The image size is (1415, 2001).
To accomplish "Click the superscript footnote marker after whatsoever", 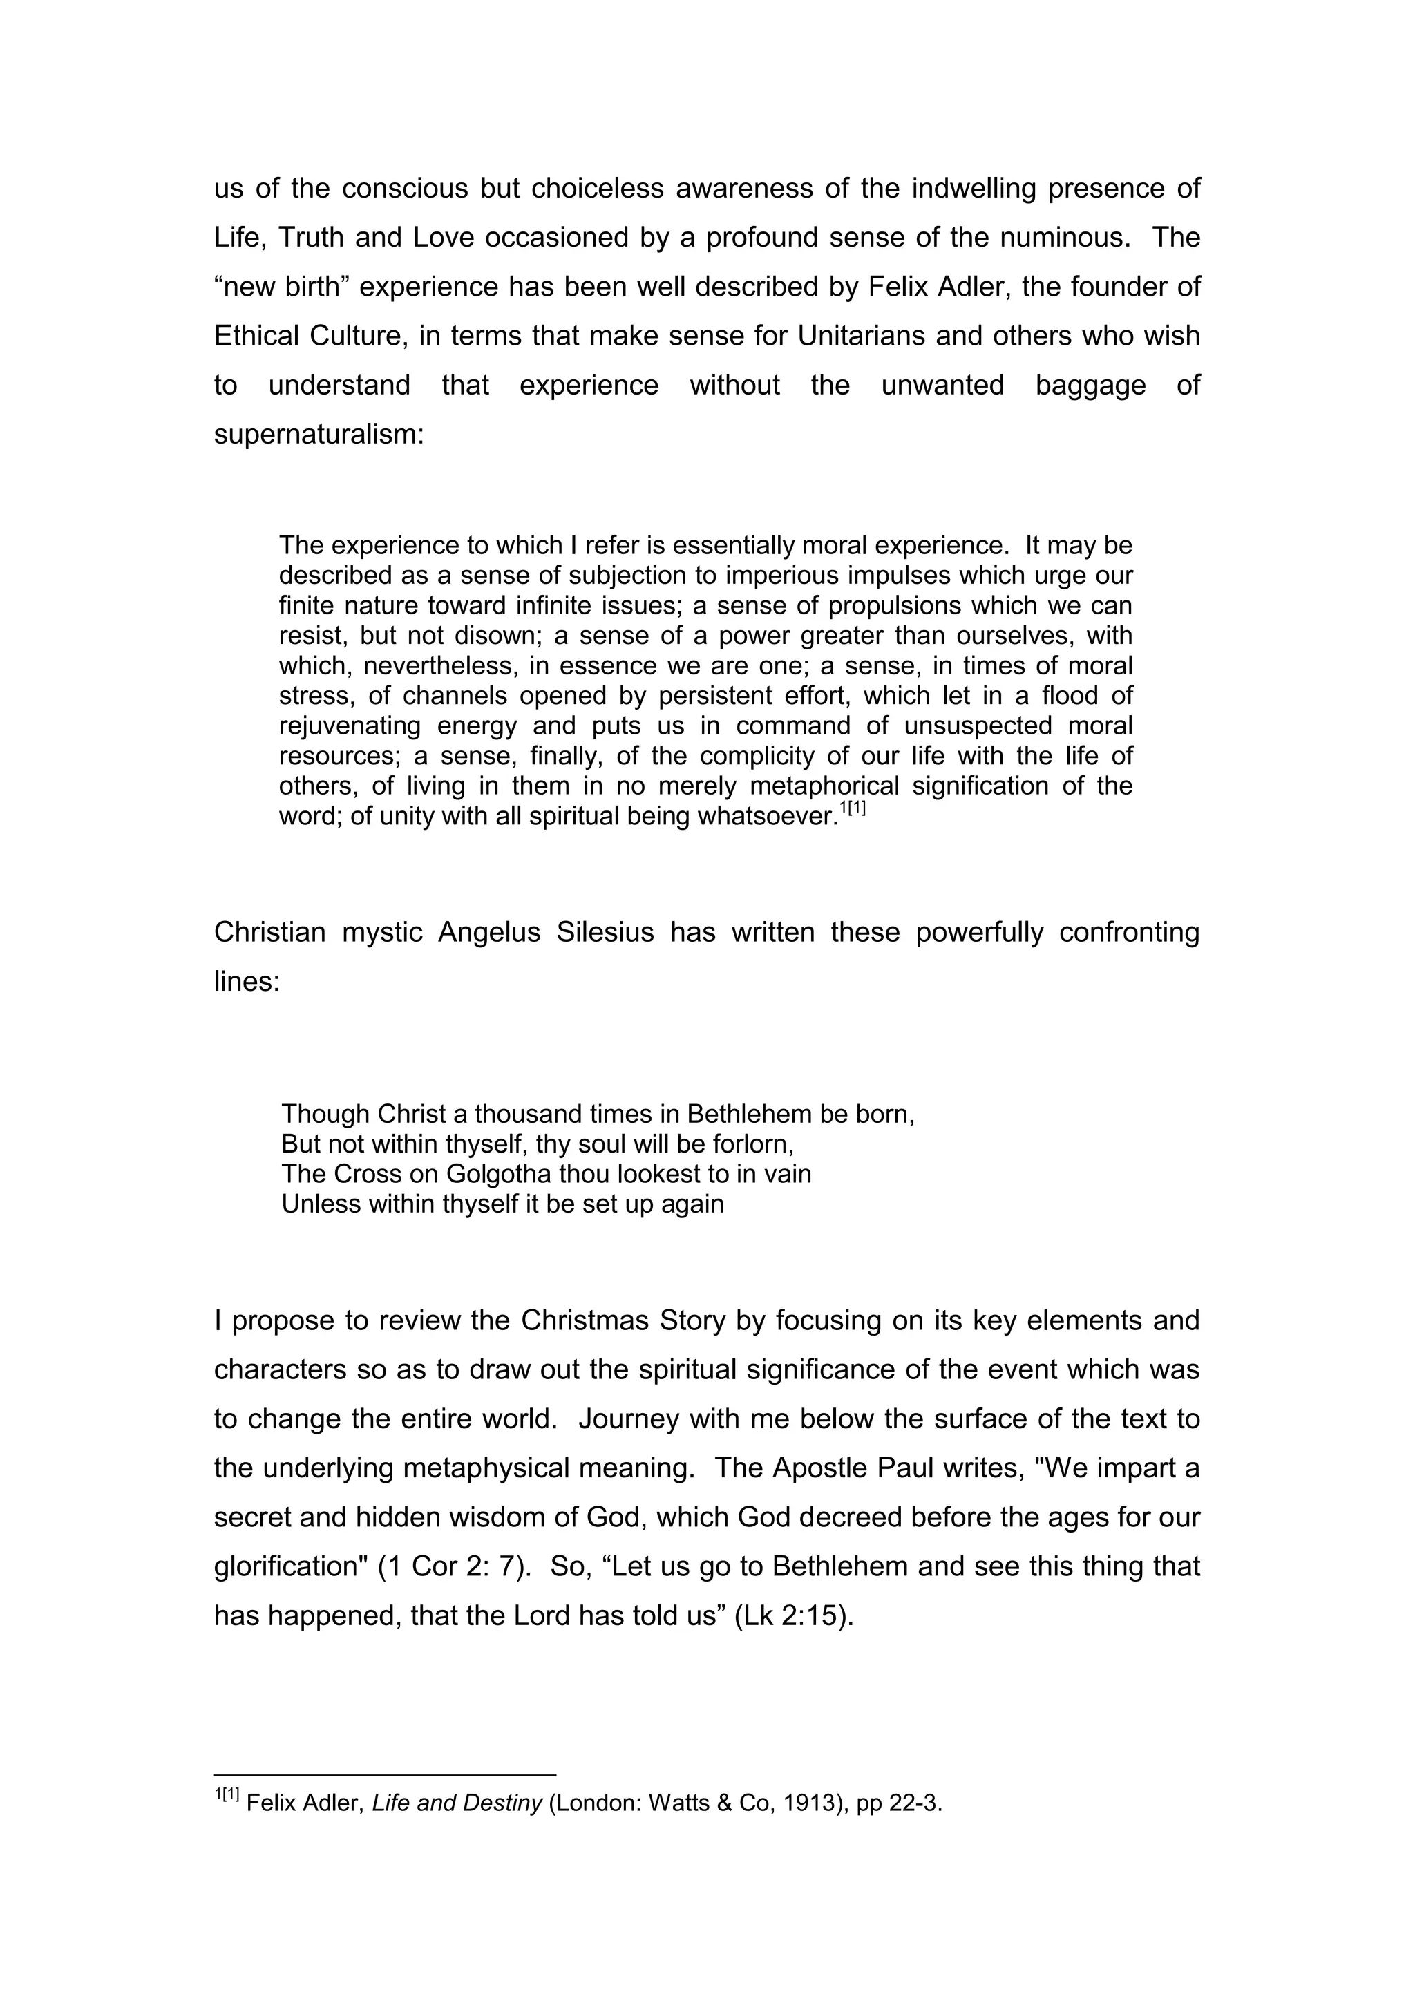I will (x=852, y=810).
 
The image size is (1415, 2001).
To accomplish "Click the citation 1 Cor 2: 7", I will (x=454, y=1566).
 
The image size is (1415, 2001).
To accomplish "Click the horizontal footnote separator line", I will (x=384, y=1774).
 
